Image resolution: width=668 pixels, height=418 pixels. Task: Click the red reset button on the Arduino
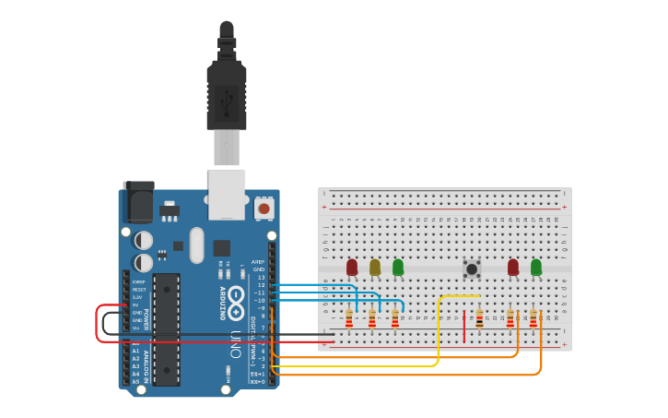(264, 209)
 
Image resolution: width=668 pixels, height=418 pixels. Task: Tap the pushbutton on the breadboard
(472, 269)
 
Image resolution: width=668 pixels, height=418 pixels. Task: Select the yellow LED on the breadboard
(375, 268)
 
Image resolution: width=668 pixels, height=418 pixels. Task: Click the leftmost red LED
(352, 267)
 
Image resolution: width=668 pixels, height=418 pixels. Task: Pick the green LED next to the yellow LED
(398, 267)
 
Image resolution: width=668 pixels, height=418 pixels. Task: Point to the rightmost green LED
(536, 267)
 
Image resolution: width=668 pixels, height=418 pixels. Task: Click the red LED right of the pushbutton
(513, 267)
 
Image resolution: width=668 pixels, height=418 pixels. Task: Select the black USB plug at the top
(227, 88)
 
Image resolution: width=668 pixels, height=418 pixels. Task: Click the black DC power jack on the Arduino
(138, 202)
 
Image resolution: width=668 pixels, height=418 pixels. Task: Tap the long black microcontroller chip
(166, 328)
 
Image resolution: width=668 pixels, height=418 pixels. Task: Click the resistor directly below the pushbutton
(479, 318)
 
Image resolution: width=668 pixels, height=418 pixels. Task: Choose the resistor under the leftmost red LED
(349, 318)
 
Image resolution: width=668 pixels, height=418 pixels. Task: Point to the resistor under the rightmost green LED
(533, 318)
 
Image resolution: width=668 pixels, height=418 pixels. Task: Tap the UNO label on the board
(236, 343)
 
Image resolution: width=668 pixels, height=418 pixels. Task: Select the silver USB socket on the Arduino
(227, 194)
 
